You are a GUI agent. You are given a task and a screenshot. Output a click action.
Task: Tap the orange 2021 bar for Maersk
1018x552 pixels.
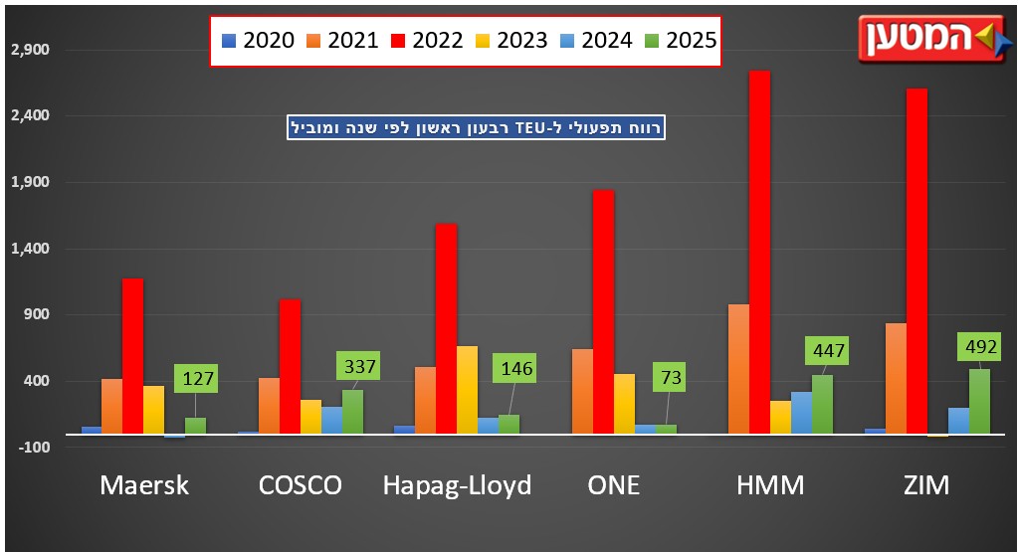pyautogui.click(x=111, y=406)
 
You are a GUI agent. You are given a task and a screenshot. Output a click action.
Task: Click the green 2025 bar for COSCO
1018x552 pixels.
pyautogui.click(x=352, y=412)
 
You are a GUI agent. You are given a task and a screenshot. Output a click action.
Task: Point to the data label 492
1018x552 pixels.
pyautogui.click(x=978, y=348)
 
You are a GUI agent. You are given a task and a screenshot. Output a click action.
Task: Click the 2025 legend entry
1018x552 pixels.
pyautogui.click(x=681, y=41)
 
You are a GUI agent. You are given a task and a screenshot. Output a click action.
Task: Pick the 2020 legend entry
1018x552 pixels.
pyautogui.click(x=256, y=41)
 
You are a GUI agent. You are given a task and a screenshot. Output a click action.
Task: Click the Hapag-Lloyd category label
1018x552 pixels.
pyautogui.click(x=457, y=485)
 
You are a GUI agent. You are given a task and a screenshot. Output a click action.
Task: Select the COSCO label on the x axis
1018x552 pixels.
pyautogui.click(x=300, y=485)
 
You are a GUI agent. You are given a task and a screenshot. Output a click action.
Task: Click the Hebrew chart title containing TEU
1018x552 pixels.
pyautogui.click(x=475, y=127)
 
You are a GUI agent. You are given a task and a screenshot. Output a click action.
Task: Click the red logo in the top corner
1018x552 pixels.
pyautogui.click(x=929, y=39)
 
